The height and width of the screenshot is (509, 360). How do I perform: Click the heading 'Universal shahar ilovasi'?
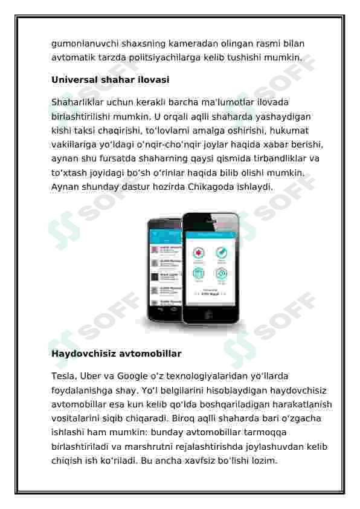[x=110, y=80]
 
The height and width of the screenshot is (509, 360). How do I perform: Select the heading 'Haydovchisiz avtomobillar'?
[x=116, y=353]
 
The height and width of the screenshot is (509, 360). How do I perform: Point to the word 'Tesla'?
[x=63, y=376]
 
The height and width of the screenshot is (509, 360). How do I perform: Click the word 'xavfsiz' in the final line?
[x=194, y=461]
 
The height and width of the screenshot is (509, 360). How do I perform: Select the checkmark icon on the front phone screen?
[x=221, y=253]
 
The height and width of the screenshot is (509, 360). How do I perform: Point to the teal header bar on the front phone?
[x=209, y=235]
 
